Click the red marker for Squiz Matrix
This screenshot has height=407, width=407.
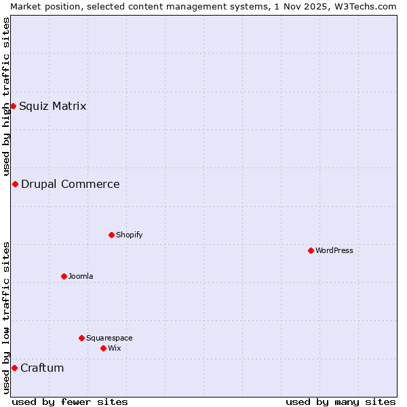click(13, 106)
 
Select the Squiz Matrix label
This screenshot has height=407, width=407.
click(52, 106)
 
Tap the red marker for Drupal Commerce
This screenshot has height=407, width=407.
click(15, 184)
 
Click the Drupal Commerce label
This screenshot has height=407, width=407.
click(70, 184)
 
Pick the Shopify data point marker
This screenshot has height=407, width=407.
click(111, 235)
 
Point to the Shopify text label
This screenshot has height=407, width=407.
click(129, 235)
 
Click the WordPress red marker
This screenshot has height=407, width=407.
click(311, 250)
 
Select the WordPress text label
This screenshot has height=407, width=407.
click(334, 250)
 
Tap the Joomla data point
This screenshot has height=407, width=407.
click(64, 276)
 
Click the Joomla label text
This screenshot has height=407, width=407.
click(81, 276)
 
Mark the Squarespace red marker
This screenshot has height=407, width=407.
click(81, 338)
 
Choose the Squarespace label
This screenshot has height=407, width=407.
click(109, 338)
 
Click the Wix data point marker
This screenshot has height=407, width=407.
click(103, 348)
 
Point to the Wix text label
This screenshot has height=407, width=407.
click(114, 348)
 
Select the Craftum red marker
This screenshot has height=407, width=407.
click(14, 368)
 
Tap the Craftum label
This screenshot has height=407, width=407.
click(42, 368)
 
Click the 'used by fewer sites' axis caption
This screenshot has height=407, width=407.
click(70, 402)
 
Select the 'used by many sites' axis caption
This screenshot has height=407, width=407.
click(341, 402)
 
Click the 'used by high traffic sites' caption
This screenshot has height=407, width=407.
click(6, 96)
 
